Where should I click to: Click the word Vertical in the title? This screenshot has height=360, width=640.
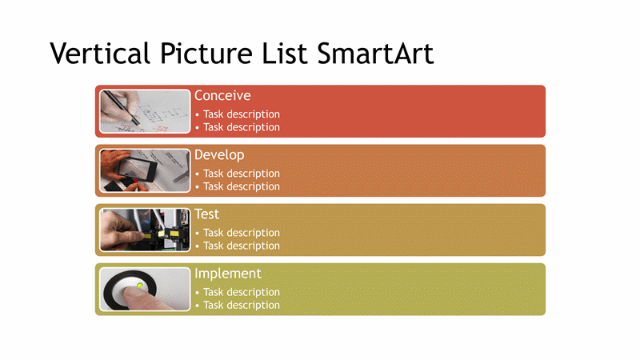100,54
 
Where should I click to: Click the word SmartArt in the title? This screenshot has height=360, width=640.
375,54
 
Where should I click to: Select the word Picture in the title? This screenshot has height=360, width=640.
206,54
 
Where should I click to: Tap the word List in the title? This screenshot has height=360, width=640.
285,54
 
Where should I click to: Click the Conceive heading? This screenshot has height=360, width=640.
222,95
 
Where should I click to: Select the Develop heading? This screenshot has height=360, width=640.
219,155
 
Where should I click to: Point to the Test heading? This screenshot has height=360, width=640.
206,214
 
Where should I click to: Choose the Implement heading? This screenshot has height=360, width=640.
228,274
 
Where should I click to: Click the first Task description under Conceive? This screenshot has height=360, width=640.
242,114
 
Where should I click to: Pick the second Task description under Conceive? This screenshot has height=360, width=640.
242,127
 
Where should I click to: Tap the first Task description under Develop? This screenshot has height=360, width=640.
242,174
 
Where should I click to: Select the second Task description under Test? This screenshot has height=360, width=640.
242,246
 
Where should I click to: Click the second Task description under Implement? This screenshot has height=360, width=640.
242,306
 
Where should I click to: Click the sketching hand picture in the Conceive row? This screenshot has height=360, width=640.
145,111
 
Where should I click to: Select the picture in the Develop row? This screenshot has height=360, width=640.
145,170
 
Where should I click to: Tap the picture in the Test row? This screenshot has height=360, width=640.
145,230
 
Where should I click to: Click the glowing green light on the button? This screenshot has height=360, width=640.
140,286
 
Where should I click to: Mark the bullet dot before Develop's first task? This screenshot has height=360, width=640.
197,174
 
